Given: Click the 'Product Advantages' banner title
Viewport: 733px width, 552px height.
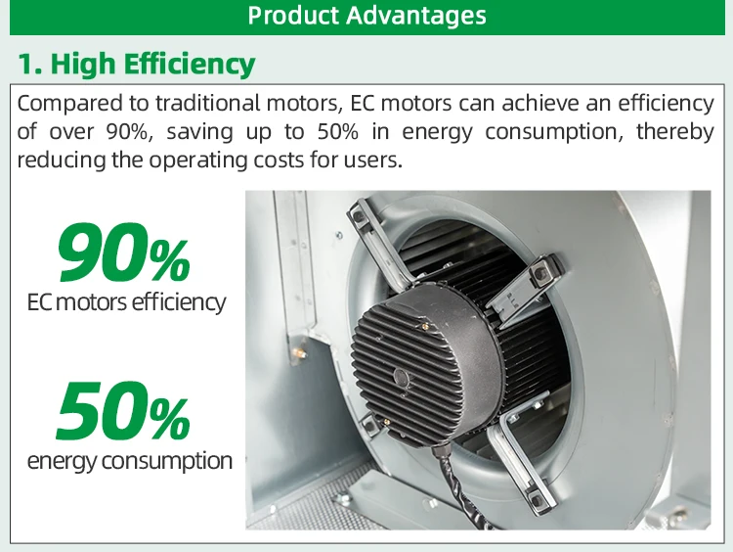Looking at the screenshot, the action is [x=366, y=16].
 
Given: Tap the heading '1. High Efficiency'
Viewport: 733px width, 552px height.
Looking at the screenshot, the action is [x=137, y=64].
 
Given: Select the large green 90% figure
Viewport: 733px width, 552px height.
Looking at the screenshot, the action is [x=123, y=253].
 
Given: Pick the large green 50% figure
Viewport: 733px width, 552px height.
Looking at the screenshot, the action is [x=123, y=411].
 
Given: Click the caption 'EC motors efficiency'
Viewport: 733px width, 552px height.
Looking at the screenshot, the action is [x=127, y=302].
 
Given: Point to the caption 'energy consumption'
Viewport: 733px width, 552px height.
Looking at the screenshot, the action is [x=129, y=461].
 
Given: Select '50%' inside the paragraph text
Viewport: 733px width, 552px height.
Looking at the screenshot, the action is [x=337, y=132].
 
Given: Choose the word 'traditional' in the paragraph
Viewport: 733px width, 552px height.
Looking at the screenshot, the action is [x=207, y=103].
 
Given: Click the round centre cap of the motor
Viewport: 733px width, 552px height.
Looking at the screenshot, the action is [x=402, y=377].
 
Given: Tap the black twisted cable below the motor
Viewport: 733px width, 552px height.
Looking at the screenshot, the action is [x=460, y=487].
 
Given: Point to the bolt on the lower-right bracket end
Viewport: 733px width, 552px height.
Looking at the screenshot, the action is [x=536, y=495].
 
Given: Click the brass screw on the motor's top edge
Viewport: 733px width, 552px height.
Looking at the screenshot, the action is [x=424, y=326].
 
